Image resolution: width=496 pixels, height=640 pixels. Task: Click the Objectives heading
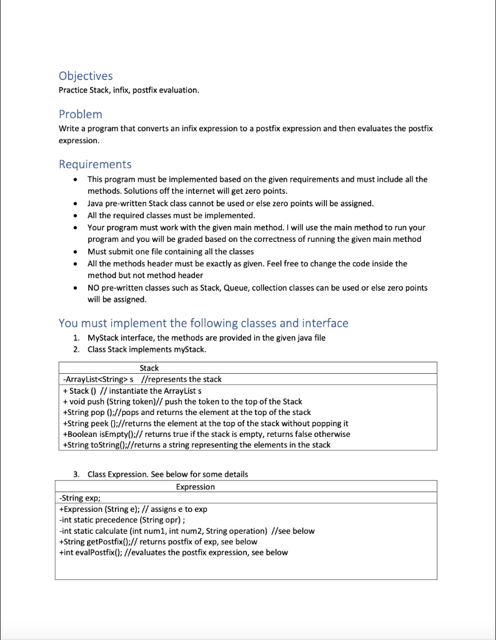coord(86,76)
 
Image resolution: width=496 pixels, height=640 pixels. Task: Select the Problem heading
coord(81,114)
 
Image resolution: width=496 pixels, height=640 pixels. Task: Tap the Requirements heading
coord(95,164)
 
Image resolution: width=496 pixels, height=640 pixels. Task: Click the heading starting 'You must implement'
coord(203,323)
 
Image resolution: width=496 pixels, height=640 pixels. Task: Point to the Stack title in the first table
coord(149,368)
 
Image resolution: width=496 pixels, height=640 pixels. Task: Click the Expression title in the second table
coord(196,487)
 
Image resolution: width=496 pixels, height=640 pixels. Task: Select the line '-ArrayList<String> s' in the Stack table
coord(141,379)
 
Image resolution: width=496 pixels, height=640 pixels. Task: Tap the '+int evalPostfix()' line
coord(172,552)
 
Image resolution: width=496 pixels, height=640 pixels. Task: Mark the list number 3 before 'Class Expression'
coord(76,474)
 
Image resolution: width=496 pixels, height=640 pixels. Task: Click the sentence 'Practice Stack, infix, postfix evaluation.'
coord(129,91)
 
